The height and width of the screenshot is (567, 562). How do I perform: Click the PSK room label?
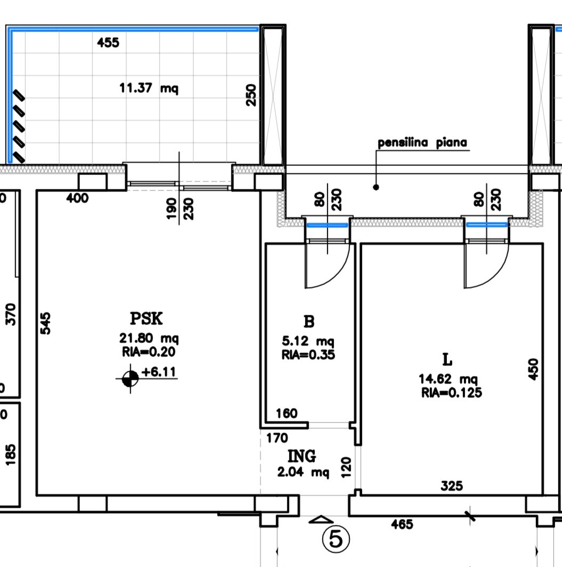click(146, 318)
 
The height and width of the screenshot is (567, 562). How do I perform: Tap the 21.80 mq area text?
click(149, 339)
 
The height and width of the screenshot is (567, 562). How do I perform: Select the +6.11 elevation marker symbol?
click(130, 379)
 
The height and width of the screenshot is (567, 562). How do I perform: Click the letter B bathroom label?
click(309, 321)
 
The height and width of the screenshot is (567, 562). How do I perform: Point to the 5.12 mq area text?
click(308, 341)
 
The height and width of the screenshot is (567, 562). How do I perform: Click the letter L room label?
click(447, 360)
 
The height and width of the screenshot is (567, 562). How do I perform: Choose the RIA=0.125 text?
click(452, 393)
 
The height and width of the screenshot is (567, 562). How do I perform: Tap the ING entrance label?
click(302, 456)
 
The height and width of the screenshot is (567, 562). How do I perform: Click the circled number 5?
click(336, 539)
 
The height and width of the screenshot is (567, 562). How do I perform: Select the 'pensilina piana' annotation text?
click(422, 143)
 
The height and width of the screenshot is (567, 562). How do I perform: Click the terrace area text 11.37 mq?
click(149, 88)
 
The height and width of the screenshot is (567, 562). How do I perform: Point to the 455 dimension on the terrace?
click(108, 43)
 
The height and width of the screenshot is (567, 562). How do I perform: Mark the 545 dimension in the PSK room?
click(45, 323)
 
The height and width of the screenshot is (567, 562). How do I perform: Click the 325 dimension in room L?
click(452, 485)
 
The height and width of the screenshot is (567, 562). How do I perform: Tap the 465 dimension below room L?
click(402, 524)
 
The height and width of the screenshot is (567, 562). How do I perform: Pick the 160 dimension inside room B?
click(287, 413)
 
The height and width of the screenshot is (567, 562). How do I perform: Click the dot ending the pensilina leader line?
click(376, 187)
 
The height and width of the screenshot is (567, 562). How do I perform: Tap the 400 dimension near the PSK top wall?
click(77, 198)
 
